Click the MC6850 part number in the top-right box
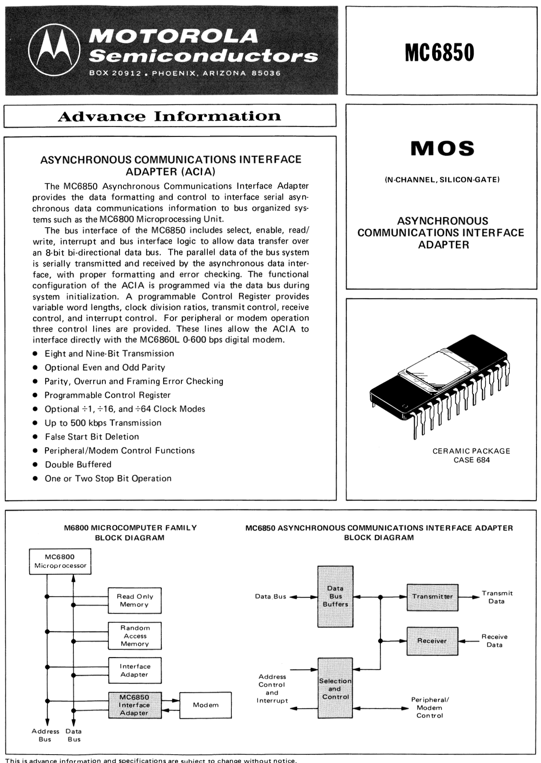tap(439, 52)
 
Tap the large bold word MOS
tap(442, 148)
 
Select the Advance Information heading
tap(170, 116)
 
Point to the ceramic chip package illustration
tap(439, 385)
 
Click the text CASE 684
tap(471, 460)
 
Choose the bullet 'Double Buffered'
tap(78, 465)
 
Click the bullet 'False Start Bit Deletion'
tap(92, 437)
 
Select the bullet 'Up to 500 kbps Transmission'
tap(103, 423)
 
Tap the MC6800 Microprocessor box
tap(60, 561)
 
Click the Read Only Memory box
tap(135, 600)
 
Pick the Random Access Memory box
tap(135, 635)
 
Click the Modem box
tap(205, 705)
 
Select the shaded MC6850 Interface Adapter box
tap(135, 705)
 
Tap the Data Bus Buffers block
tap(335, 596)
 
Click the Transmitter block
tap(432, 597)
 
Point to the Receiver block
tap(432, 641)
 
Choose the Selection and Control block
tap(335, 688)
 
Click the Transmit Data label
tap(497, 597)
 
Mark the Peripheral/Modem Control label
tap(430, 707)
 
